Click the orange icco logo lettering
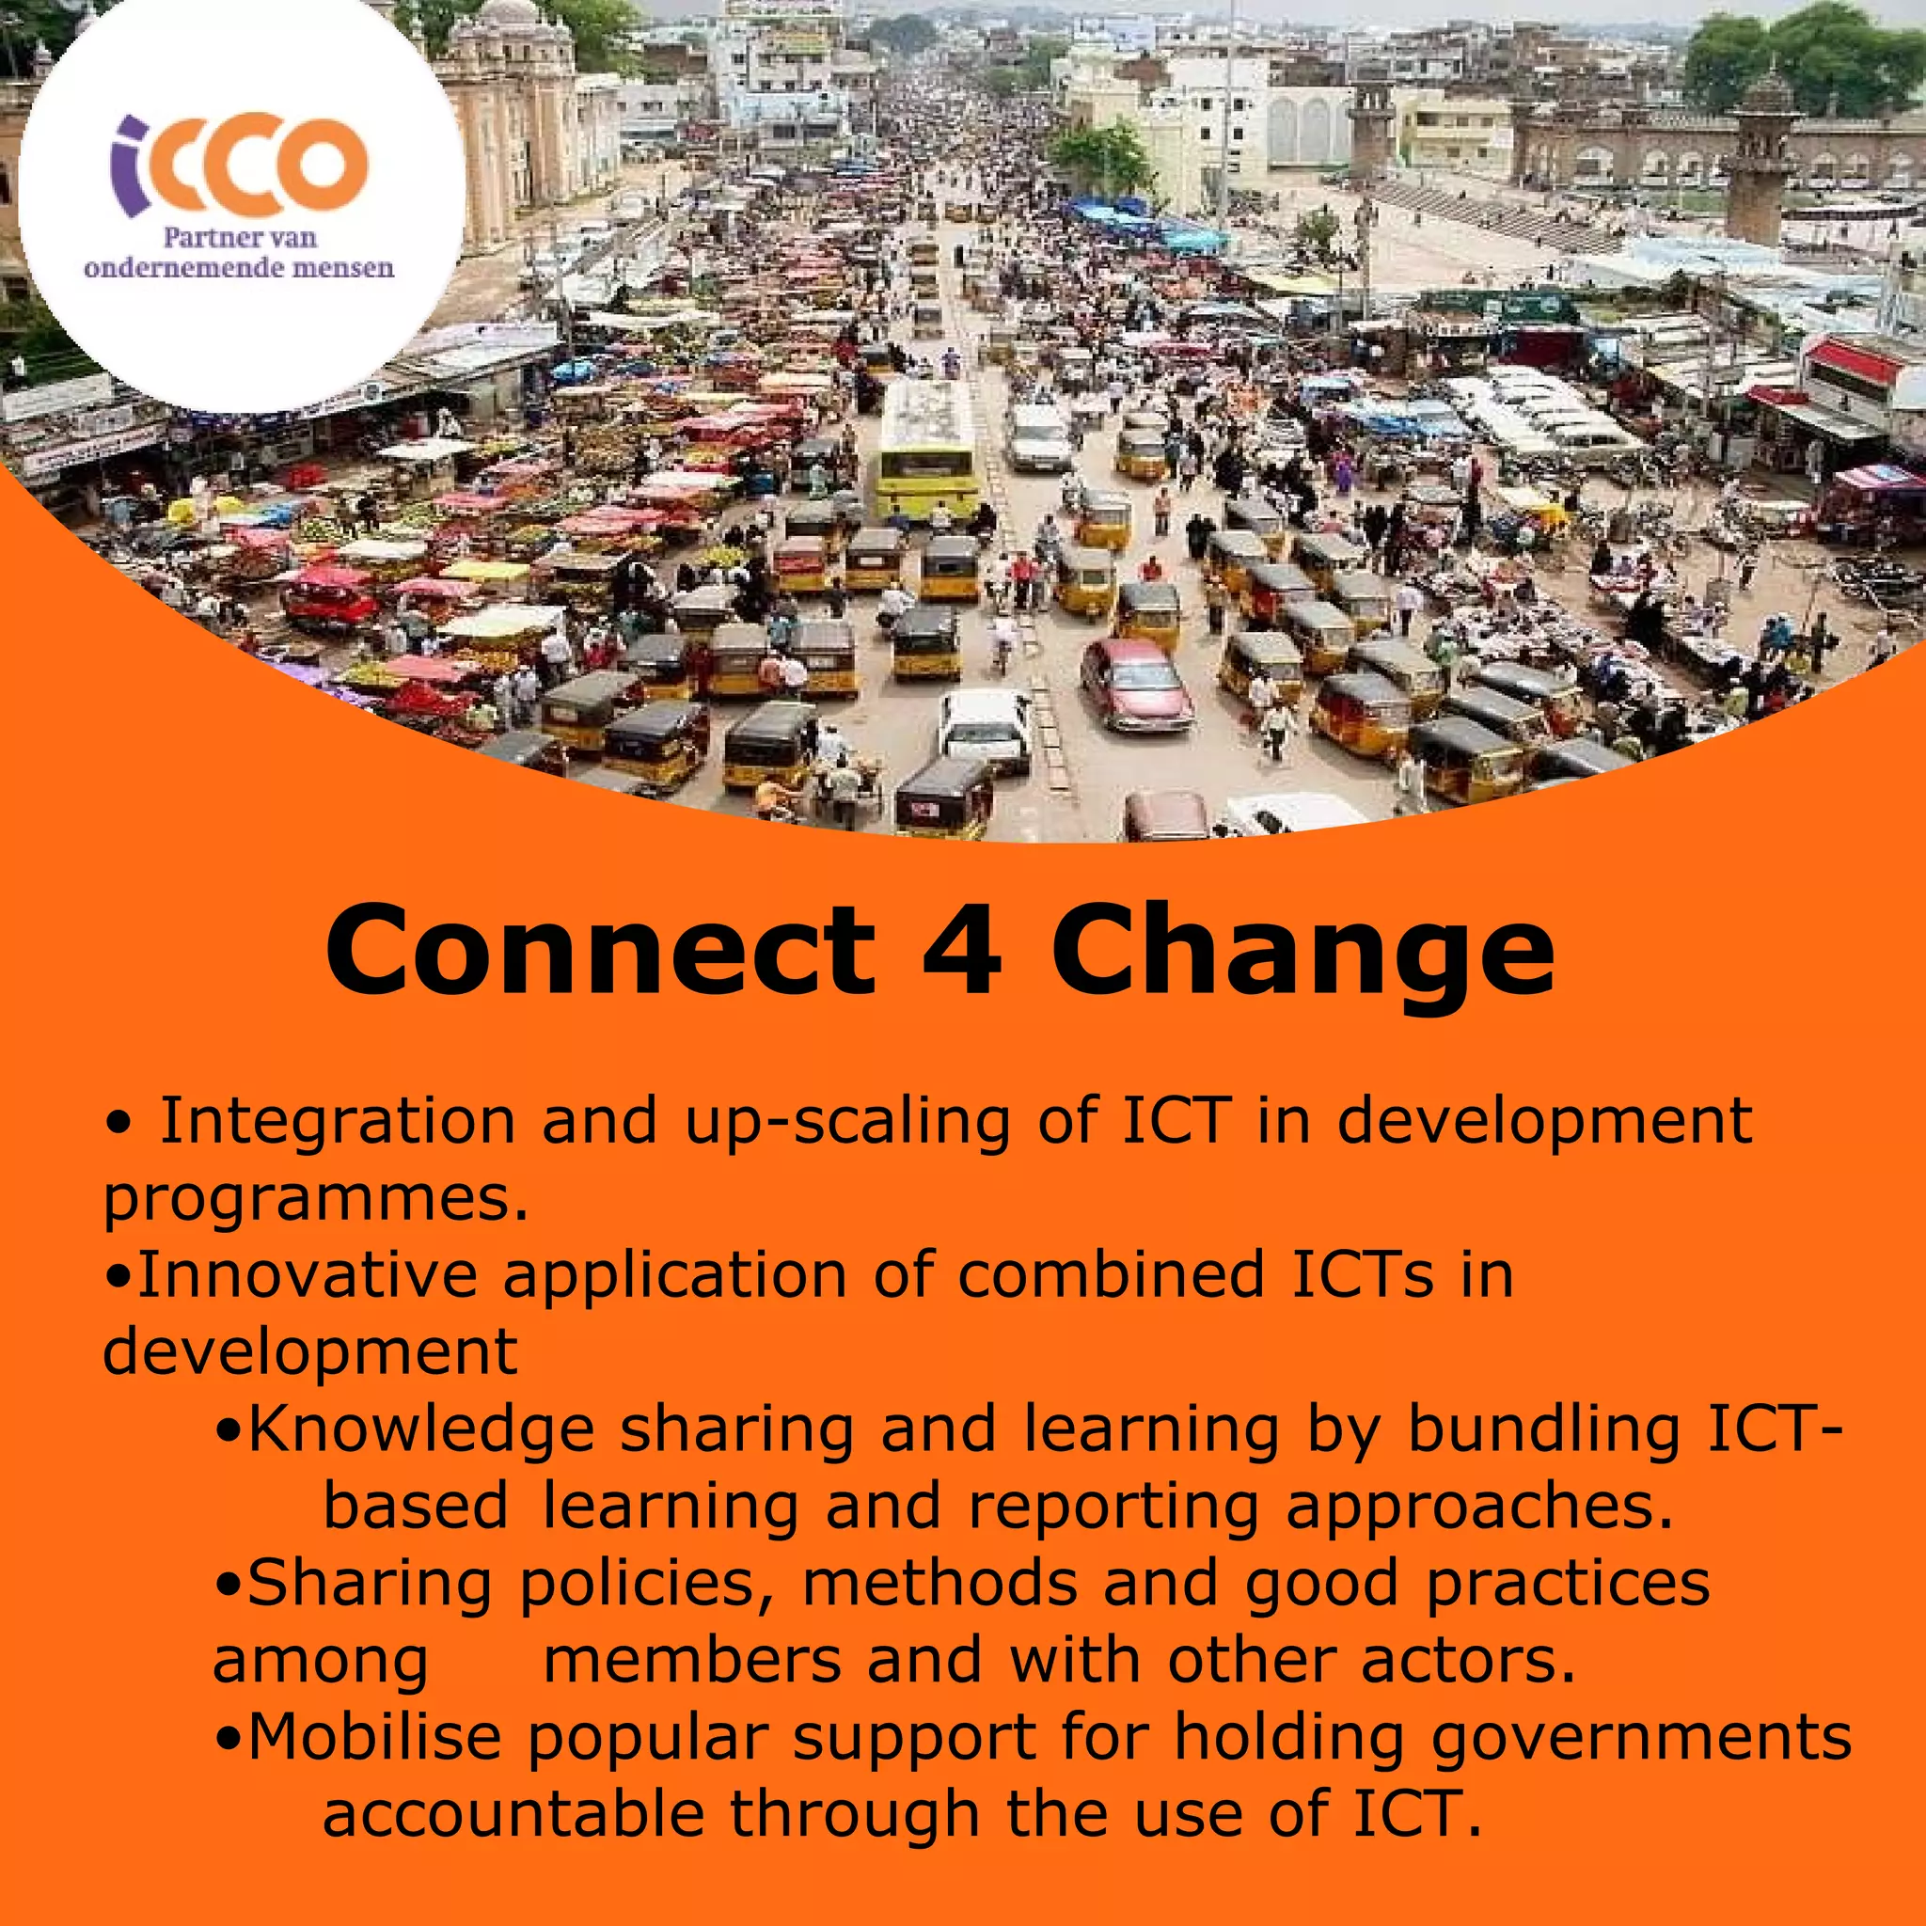239,166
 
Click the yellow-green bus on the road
926,447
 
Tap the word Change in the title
1302,953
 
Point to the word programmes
315,1199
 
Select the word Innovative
307,1275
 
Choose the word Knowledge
420,1429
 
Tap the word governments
1641,1740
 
